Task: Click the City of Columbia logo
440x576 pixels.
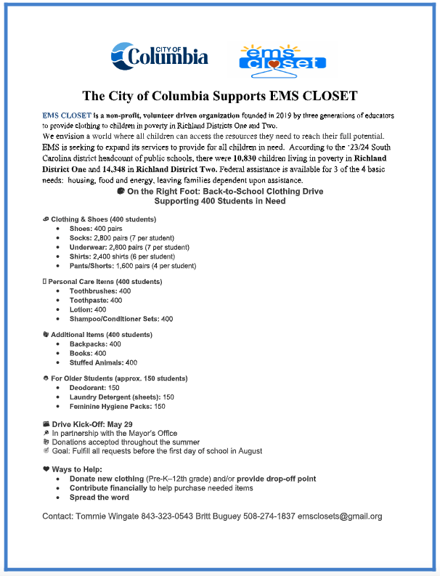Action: [159, 54]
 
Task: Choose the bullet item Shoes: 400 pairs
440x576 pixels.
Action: [102, 228]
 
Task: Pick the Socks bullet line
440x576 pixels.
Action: [120, 238]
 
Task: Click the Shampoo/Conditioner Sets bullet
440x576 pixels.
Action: [121, 319]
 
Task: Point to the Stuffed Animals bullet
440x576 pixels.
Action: [103, 362]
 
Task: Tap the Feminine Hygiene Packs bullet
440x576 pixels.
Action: [117, 407]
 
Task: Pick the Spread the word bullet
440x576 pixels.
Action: [99, 498]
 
